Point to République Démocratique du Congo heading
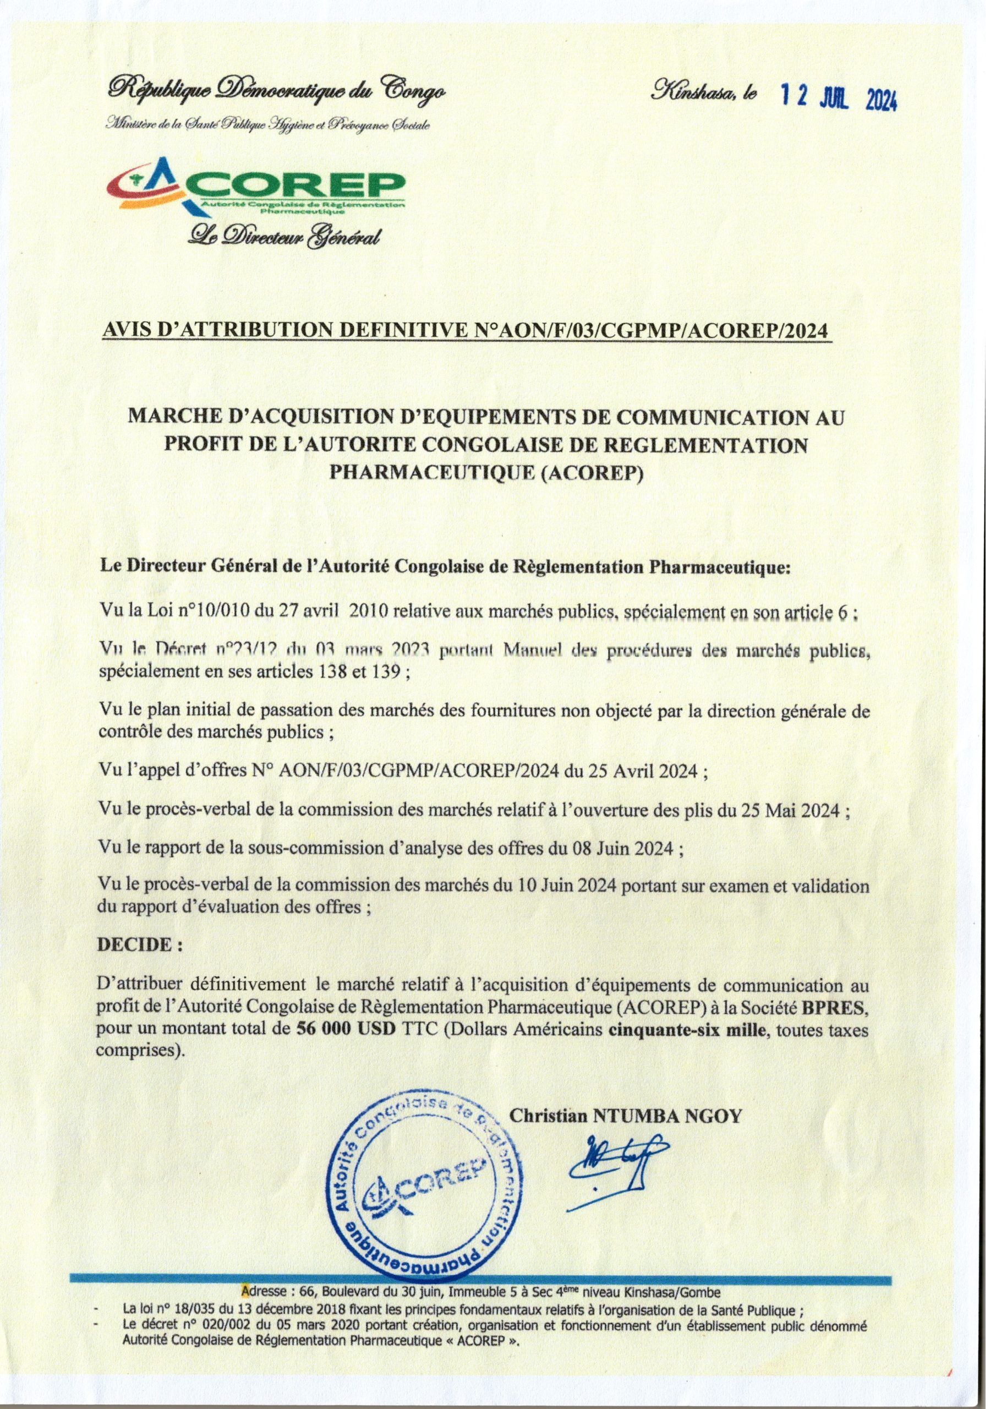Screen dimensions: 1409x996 coord(277,91)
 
